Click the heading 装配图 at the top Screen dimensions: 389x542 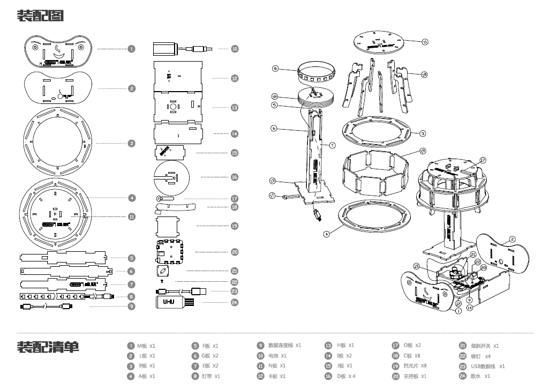[40, 16]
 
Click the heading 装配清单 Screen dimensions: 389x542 [48, 347]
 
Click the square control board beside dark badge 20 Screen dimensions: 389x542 [171, 251]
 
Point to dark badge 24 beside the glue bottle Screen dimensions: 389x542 [235, 302]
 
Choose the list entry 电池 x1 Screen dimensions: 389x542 [277, 356]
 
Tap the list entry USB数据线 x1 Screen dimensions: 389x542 [487, 366]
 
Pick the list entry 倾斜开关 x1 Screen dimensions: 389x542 [484, 346]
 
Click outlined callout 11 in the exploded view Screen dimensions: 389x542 [425, 41]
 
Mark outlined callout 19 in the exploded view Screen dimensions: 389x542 [423, 151]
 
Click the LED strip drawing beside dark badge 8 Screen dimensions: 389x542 [64, 296]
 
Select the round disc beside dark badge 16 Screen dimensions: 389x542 [171, 177]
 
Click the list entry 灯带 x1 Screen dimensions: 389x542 [210, 377]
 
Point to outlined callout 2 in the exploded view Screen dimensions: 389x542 [512, 240]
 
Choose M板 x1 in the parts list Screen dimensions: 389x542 [146, 346]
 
